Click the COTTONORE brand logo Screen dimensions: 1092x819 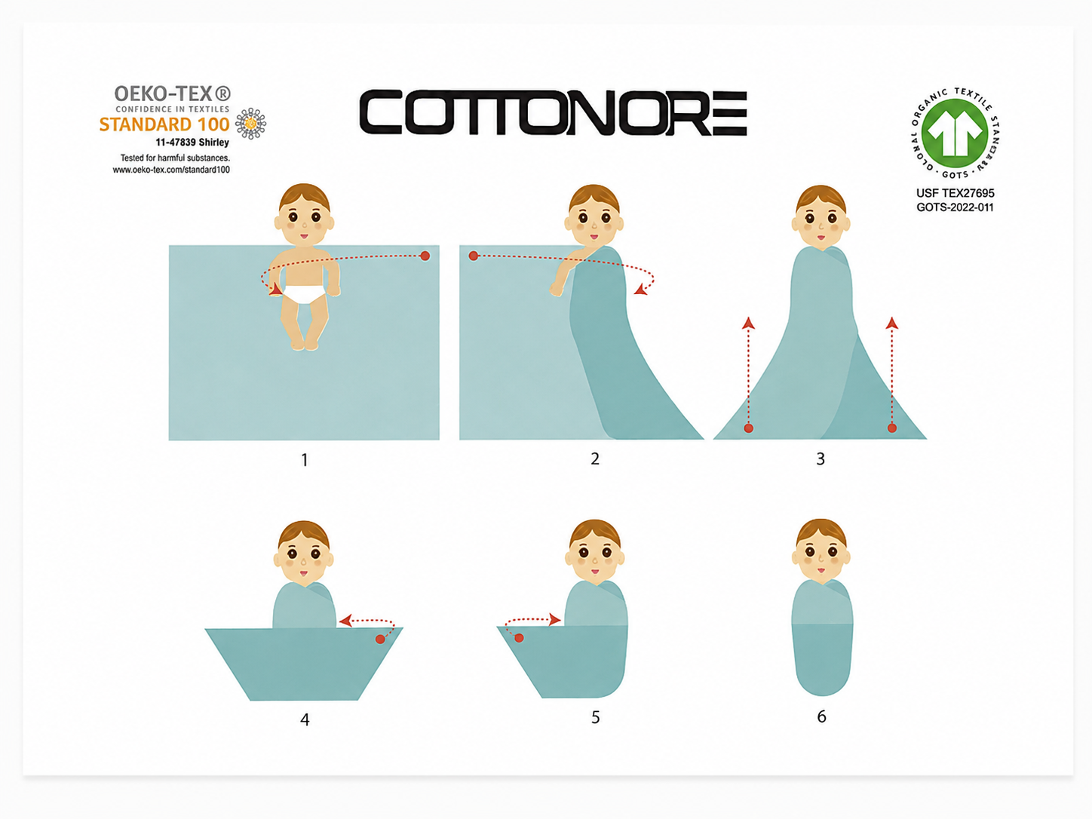pos(554,113)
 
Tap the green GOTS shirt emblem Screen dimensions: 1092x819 pos(954,133)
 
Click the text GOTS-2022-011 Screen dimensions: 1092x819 pos(955,207)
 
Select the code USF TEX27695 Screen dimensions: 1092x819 pos(955,193)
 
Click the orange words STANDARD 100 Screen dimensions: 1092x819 pos(164,124)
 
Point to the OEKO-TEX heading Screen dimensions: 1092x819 pos(173,94)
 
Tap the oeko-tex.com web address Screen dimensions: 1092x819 pos(171,170)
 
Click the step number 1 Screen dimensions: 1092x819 pos(305,460)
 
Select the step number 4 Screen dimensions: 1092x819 pos(305,719)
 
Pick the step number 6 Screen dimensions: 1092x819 pos(821,716)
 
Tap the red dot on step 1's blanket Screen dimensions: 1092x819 pos(425,256)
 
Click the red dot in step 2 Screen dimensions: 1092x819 pos(473,256)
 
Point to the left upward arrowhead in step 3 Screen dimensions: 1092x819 pos(748,324)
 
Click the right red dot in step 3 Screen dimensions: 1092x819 pos(892,428)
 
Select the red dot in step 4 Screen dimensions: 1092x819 pos(380,639)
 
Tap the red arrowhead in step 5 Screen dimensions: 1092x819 pos(555,620)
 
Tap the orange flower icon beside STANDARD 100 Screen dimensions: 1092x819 pos(250,124)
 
